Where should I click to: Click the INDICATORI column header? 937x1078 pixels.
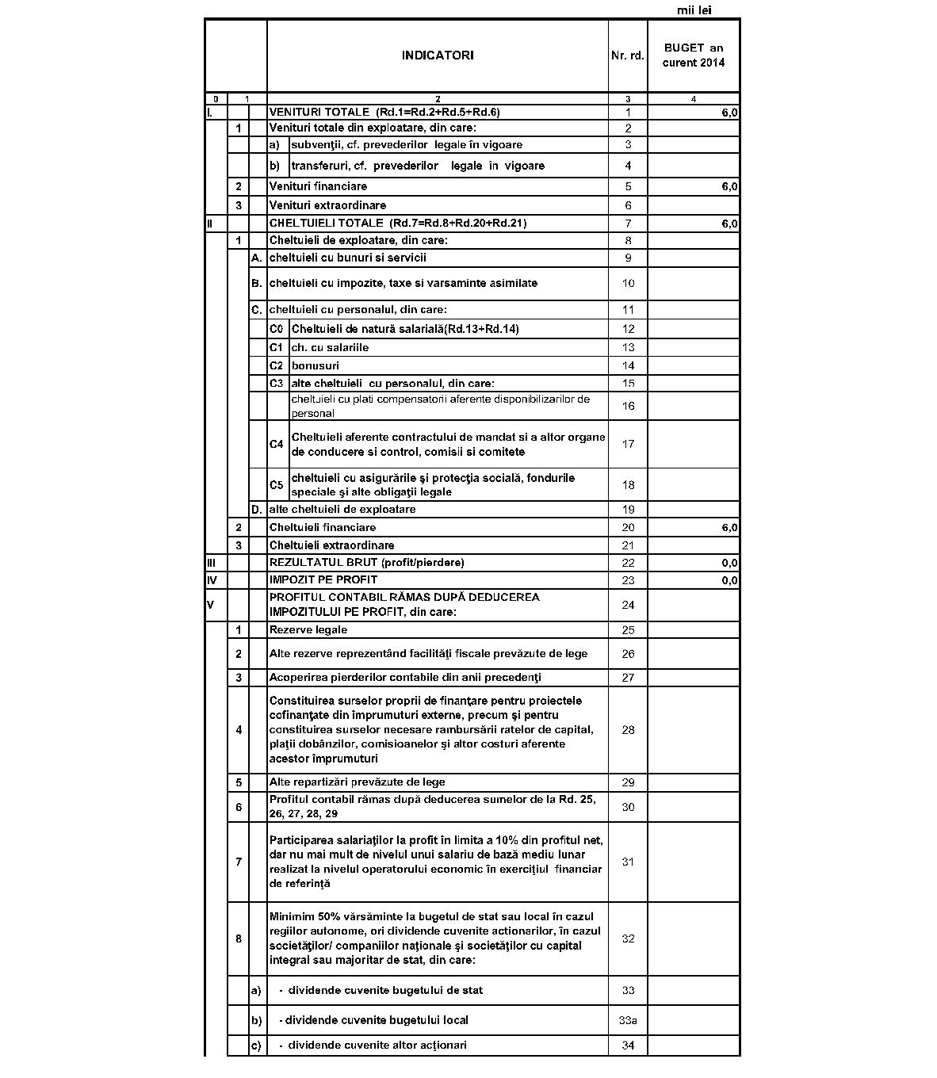[x=437, y=55]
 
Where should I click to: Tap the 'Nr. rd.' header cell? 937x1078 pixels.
[x=627, y=55]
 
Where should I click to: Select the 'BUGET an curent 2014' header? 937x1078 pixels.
[x=694, y=55]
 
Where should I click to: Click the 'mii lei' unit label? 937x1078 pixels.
[x=694, y=10]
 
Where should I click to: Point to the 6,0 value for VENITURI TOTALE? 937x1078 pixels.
[x=729, y=113]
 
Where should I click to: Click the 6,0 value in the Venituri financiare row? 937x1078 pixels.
[x=729, y=186]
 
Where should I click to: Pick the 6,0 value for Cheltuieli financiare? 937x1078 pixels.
[x=729, y=527]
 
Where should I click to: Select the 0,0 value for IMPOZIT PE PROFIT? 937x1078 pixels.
[x=729, y=580]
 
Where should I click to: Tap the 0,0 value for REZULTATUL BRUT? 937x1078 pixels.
[x=729, y=563]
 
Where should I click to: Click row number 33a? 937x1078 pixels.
[x=627, y=1020]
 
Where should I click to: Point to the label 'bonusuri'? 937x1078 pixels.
[x=315, y=365]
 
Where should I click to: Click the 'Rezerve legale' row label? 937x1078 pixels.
[x=308, y=630]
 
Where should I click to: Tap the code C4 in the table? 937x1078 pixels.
[x=276, y=445]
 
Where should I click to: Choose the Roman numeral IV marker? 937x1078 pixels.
[x=212, y=580]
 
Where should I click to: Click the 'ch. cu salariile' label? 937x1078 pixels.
[x=330, y=347]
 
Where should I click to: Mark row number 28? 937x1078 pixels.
[x=628, y=730]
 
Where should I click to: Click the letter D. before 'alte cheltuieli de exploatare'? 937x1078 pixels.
[x=256, y=510]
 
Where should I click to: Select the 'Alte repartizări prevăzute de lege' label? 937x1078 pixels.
[x=357, y=782]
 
